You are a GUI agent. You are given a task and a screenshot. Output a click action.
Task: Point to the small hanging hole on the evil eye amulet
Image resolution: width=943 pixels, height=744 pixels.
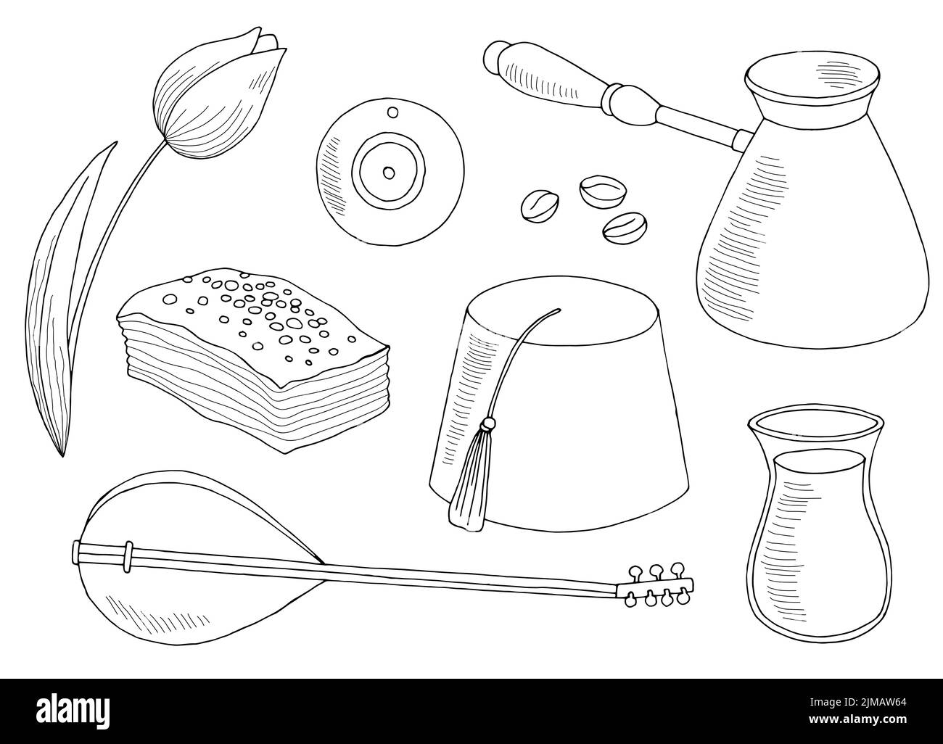pyautogui.click(x=392, y=112)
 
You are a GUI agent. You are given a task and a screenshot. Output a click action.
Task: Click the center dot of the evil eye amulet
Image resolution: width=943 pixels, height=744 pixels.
pyautogui.click(x=389, y=173)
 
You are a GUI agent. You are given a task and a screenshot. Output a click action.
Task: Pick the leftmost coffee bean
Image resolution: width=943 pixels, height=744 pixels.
pyautogui.click(x=540, y=207)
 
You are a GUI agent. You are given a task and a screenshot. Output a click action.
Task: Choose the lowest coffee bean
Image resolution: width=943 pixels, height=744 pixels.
pyautogui.click(x=625, y=228)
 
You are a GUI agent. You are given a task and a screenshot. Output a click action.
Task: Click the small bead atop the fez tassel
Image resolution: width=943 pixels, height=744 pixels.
pyautogui.click(x=487, y=423)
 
